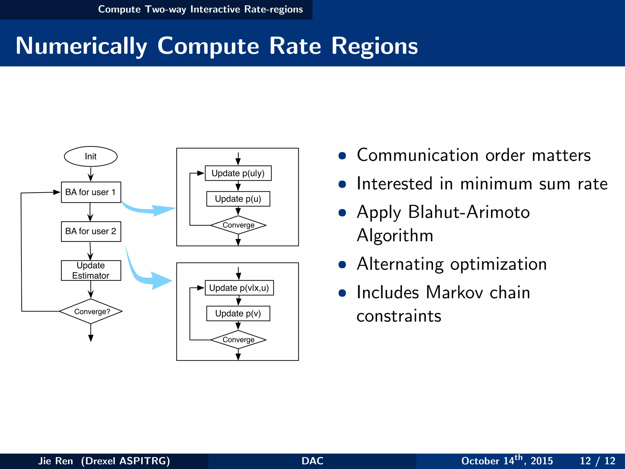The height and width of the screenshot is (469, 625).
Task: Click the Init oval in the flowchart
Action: [x=91, y=156]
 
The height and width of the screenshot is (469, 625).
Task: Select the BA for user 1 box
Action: [x=91, y=192]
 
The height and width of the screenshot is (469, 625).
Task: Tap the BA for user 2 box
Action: [x=91, y=231]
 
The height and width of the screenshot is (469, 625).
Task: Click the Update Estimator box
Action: [x=91, y=271]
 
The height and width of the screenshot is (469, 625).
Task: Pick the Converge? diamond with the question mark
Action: [x=91, y=311]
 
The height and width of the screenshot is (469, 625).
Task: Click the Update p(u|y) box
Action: [x=238, y=173]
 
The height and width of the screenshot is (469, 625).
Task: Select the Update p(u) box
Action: [x=238, y=199]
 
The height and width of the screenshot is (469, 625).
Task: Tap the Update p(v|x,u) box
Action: [x=239, y=288]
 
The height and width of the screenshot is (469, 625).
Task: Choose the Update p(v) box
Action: [x=238, y=314]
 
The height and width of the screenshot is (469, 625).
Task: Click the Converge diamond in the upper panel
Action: [x=238, y=225]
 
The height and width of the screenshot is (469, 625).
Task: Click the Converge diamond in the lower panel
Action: [x=238, y=340]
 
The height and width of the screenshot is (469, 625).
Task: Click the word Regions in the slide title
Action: [x=374, y=46]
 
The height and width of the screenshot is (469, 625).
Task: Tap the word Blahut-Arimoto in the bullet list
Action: [x=469, y=212]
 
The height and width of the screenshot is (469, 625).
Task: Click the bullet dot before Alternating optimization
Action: [x=342, y=264]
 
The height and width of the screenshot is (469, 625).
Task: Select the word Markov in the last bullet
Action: [x=454, y=293]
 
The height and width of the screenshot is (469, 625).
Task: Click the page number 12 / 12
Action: [x=597, y=461]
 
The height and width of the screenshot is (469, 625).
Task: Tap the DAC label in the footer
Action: [x=312, y=461]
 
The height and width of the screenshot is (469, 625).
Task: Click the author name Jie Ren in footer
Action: [x=56, y=461]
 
